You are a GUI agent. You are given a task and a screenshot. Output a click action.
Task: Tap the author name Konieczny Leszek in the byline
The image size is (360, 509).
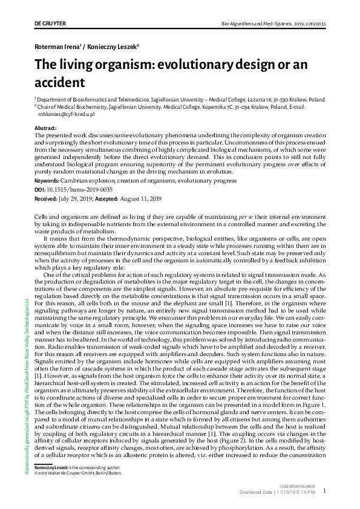114,47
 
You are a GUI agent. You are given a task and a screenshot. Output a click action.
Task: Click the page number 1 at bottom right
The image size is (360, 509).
325,491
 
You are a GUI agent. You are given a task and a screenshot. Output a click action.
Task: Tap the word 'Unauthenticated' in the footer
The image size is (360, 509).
297,486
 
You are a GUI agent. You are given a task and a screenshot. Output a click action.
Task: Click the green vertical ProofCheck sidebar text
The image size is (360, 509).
27,381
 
